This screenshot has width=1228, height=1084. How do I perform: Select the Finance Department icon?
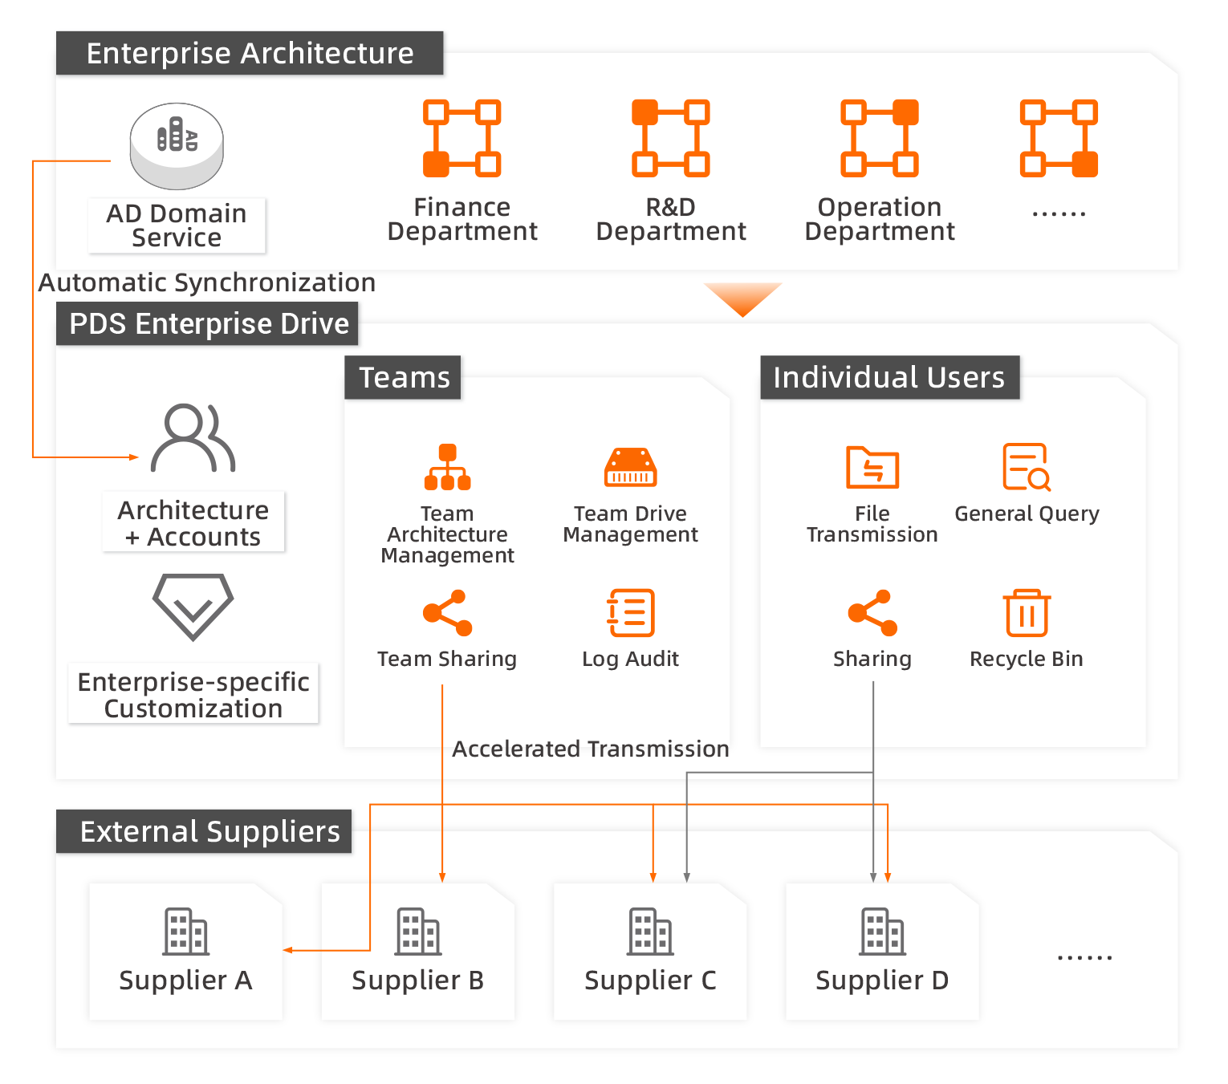click(462, 138)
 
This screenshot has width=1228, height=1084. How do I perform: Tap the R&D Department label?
click(671, 219)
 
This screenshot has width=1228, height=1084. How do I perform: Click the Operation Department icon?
click(880, 138)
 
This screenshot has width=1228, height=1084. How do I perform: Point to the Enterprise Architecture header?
click(250, 53)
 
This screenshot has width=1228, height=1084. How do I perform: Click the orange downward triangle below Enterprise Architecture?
click(742, 298)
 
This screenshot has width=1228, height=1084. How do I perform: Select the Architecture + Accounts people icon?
click(193, 438)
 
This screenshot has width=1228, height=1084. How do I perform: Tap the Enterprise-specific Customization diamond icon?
click(193, 607)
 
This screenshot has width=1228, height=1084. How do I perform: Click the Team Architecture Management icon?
click(447, 467)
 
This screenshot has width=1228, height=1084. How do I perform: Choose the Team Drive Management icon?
click(630, 467)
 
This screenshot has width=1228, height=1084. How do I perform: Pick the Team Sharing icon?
click(447, 613)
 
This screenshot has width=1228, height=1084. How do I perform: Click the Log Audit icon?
click(630, 613)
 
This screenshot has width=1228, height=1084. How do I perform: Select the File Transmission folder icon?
click(872, 467)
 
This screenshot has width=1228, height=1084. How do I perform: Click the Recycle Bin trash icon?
click(1027, 613)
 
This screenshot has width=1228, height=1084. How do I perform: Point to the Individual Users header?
click(889, 377)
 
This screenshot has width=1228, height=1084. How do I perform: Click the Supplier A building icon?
click(185, 932)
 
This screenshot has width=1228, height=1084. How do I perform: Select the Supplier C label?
click(650, 980)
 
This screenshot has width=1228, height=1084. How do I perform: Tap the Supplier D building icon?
click(882, 932)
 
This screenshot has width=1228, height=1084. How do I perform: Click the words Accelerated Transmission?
click(591, 749)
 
